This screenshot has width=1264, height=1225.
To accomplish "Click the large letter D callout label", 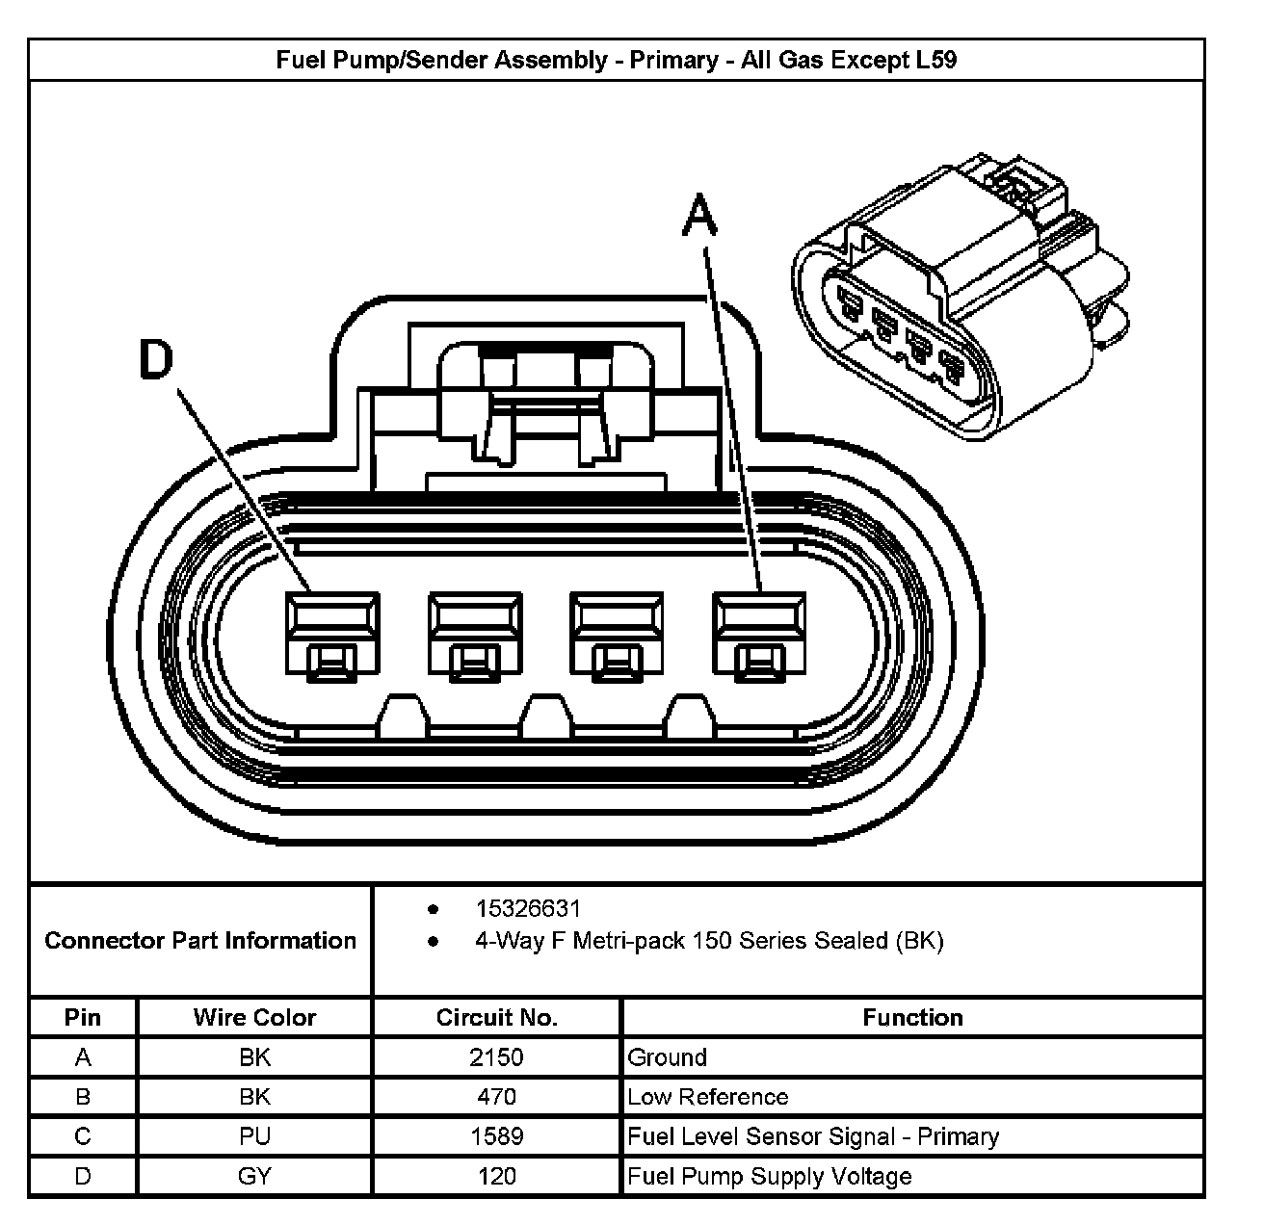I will point(156,359).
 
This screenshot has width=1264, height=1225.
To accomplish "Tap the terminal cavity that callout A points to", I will point(759,633).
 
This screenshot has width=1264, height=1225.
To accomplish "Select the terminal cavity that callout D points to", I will point(331,633).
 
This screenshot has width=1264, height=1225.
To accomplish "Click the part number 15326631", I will point(528,909).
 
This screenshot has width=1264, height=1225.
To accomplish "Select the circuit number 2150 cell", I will point(496,1057).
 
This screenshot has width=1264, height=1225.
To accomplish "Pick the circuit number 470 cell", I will point(496,1097).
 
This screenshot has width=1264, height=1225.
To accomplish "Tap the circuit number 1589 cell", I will point(496,1136).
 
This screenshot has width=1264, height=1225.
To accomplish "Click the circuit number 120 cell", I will point(496,1176).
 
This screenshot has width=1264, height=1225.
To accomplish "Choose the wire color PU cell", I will point(254,1136).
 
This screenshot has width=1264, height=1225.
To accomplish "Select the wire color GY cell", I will point(254,1176).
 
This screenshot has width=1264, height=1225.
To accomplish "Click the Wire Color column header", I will point(254,1018).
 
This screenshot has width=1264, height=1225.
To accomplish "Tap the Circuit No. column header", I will point(496,1018).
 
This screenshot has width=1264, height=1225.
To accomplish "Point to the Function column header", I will point(912,1018).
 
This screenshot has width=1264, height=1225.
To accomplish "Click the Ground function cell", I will point(668,1057).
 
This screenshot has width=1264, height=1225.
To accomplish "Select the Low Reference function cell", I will point(708,1097).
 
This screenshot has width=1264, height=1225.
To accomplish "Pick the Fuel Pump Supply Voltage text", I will point(770,1176).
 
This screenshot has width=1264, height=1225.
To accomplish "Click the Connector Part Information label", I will point(200,941).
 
